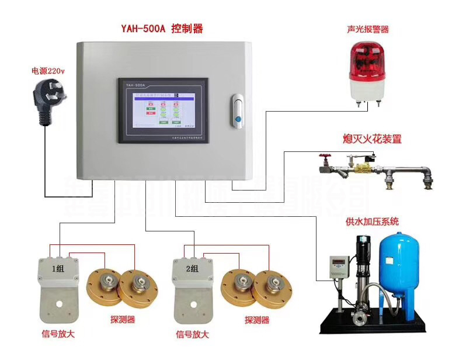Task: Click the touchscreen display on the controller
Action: [162, 111]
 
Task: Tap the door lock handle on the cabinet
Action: [237, 110]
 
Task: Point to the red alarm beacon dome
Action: [367, 64]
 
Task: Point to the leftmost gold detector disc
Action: [105, 283]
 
